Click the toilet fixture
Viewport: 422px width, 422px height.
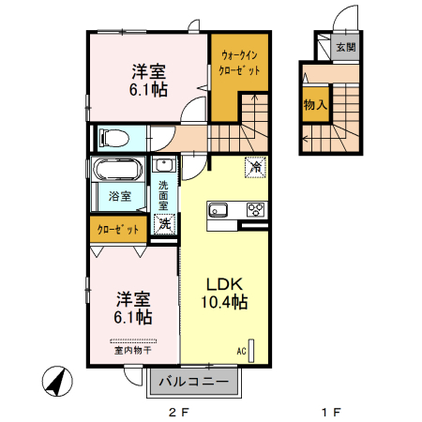point(112,137)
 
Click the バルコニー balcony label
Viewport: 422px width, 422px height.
point(192,383)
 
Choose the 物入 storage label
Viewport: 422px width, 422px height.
point(314,106)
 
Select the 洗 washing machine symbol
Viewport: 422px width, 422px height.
point(164,224)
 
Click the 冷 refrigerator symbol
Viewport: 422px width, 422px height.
point(254,167)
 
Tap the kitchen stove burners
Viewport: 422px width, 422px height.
point(253,209)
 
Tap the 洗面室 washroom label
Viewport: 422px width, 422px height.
point(163,193)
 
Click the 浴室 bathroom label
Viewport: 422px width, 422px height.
point(119,197)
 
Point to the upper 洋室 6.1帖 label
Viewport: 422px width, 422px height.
point(148,81)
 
